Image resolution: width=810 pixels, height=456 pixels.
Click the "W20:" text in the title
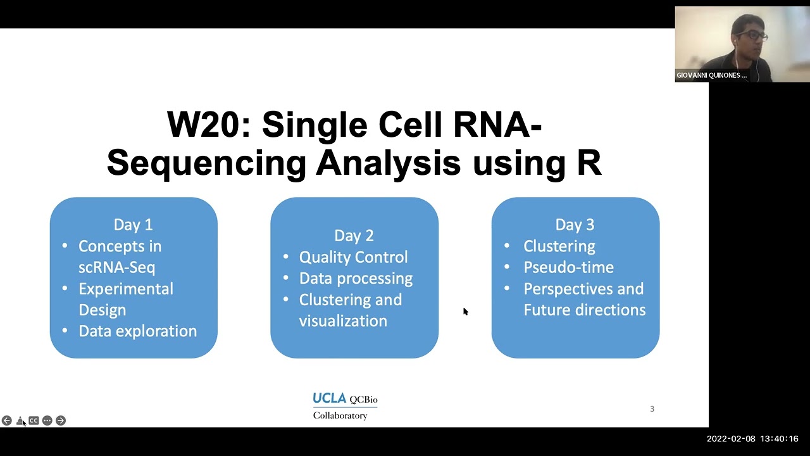(209, 124)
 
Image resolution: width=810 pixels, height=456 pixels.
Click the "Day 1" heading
(133, 224)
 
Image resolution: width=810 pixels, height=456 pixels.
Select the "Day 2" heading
(354, 235)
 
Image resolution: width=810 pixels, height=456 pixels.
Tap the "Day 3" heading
(575, 224)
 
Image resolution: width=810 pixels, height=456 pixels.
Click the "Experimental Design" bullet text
(125, 299)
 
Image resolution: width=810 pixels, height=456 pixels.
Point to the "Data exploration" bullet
(137, 331)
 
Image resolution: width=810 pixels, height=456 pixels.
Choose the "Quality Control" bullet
(353, 256)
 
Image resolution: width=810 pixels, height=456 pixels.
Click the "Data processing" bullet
(356, 278)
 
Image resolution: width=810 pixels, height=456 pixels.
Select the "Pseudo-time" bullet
(568, 267)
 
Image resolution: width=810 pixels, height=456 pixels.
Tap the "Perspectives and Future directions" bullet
(583, 299)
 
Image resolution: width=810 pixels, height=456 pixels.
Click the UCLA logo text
(330, 398)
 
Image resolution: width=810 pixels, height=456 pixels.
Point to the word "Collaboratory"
(340, 415)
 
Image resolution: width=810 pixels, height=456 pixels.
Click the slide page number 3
(652, 408)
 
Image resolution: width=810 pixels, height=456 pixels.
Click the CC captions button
(34, 421)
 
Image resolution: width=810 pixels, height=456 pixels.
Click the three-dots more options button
(47, 421)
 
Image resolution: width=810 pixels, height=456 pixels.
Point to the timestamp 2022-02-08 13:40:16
(752, 438)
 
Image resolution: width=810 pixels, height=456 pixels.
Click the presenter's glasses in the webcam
(752, 36)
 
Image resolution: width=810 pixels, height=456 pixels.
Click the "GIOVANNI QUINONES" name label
(711, 75)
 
